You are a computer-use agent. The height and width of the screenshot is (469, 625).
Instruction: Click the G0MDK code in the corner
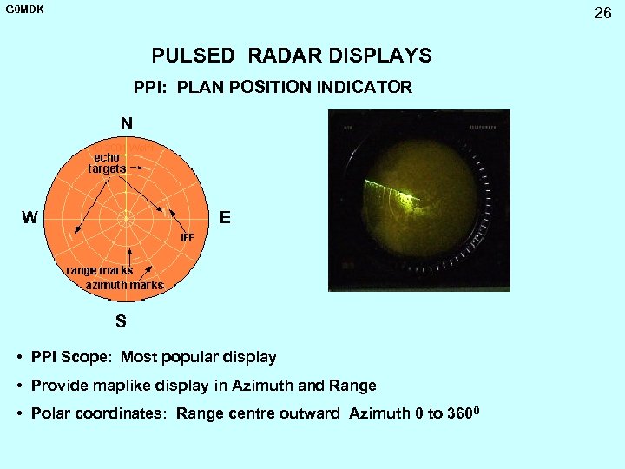click(25, 10)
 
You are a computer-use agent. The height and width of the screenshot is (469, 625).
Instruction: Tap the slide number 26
click(602, 13)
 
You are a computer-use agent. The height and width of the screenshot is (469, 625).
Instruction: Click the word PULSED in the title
click(193, 56)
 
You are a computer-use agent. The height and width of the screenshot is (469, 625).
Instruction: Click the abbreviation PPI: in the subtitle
click(151, 88)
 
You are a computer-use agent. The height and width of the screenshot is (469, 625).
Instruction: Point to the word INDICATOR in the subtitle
click(365, 88)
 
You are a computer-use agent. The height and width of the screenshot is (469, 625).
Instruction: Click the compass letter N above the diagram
click(127, 124)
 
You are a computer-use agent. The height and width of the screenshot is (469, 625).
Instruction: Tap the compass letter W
click(30, 218)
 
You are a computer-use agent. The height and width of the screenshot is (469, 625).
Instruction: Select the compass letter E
click(225, 218)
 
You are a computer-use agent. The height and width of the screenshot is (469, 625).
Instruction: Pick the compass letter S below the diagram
click(121, 321)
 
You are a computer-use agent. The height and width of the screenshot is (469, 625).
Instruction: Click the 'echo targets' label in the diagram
click(107, 162)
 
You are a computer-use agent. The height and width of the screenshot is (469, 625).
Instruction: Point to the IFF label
click(187, 236)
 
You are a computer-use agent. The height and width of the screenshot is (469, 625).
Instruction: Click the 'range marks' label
click(100, 270)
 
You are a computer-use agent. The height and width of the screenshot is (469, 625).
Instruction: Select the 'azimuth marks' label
click(124, 285)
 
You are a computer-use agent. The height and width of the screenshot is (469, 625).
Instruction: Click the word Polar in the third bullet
click(49, 413)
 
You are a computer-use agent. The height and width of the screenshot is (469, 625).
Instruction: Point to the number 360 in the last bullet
click(458, 413)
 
